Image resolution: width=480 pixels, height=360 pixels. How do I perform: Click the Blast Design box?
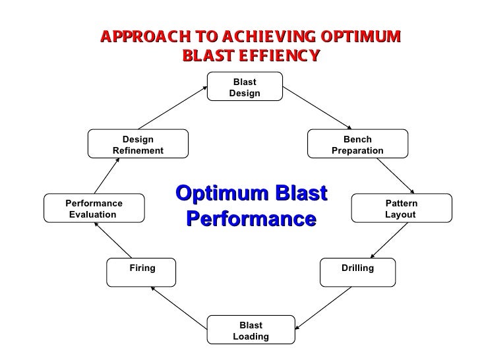pos(245,86)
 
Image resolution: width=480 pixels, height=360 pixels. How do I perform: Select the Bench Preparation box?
pos(357,144)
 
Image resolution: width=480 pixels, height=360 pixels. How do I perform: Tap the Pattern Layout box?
pos(402,208)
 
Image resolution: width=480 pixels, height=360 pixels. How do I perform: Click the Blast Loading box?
pos(251,330)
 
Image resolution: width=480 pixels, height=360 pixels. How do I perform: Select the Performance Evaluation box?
pos(94,208)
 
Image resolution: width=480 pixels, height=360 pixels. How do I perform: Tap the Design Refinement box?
pos(138,144)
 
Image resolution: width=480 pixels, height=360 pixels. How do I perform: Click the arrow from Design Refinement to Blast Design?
pos(172,107)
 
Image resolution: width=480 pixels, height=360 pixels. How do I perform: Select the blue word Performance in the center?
pos(251,218)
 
